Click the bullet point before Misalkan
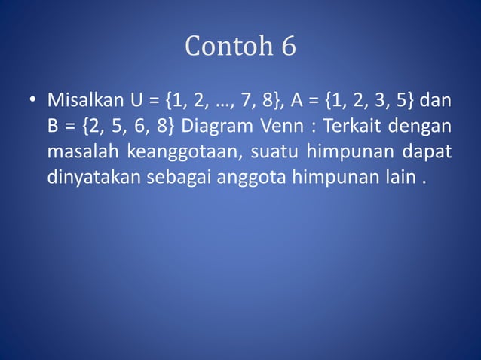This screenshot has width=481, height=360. click(32, 101)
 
